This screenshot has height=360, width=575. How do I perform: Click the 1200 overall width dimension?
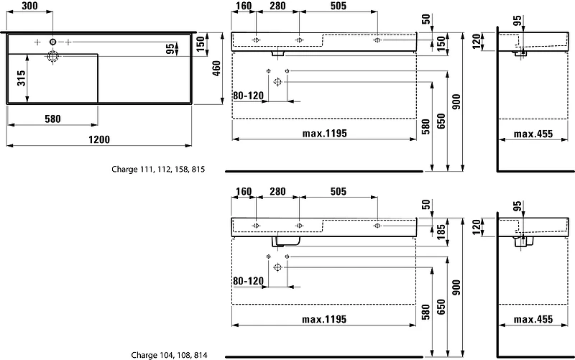99,139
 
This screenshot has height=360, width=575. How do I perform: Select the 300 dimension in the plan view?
29,6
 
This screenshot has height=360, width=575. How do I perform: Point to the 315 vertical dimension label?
22,78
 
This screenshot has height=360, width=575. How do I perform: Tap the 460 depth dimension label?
216,68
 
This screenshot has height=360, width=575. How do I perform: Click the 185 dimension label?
441,229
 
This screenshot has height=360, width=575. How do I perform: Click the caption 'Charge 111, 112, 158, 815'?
158,170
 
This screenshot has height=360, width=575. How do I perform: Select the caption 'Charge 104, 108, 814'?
169,355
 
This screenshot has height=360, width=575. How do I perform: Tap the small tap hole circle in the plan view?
52,42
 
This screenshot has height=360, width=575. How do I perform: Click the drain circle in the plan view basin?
52,57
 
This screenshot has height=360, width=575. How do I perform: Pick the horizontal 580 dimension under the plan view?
52,119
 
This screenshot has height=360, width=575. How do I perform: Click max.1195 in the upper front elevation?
325,134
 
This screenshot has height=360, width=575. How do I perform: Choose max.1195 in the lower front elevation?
324,319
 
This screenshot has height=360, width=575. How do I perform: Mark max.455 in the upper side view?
533,134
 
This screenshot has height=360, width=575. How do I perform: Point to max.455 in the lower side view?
533,319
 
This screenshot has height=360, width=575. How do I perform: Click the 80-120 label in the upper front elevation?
249,96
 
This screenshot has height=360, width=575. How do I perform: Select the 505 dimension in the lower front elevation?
338,191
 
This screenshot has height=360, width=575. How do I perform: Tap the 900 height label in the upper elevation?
456,102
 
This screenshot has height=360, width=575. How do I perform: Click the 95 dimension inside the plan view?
170,49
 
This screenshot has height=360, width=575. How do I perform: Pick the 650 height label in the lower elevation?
441,307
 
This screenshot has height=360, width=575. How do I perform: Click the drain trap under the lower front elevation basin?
285,241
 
